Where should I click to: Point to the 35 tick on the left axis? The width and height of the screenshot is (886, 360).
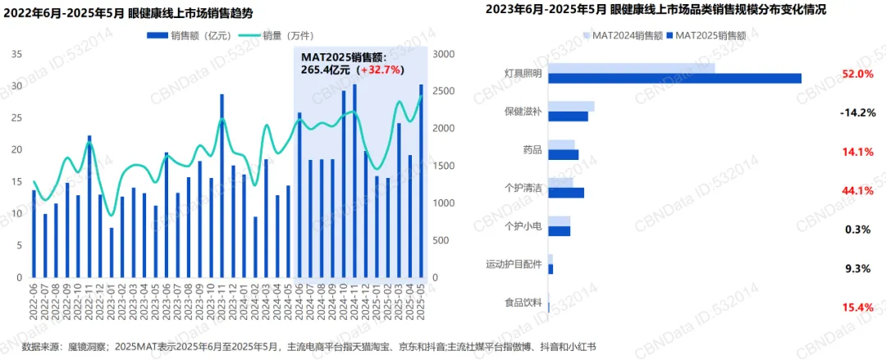pos(16,54)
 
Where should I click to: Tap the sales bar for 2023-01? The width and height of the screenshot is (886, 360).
pos(112,252)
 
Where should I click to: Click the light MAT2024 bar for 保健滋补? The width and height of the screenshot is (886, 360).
pos(571,107)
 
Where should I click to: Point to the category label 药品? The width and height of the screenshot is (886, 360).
pos(532,150)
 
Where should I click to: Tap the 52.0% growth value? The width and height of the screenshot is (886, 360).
pos(857,74)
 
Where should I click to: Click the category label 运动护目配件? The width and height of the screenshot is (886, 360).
pos(514,264)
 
